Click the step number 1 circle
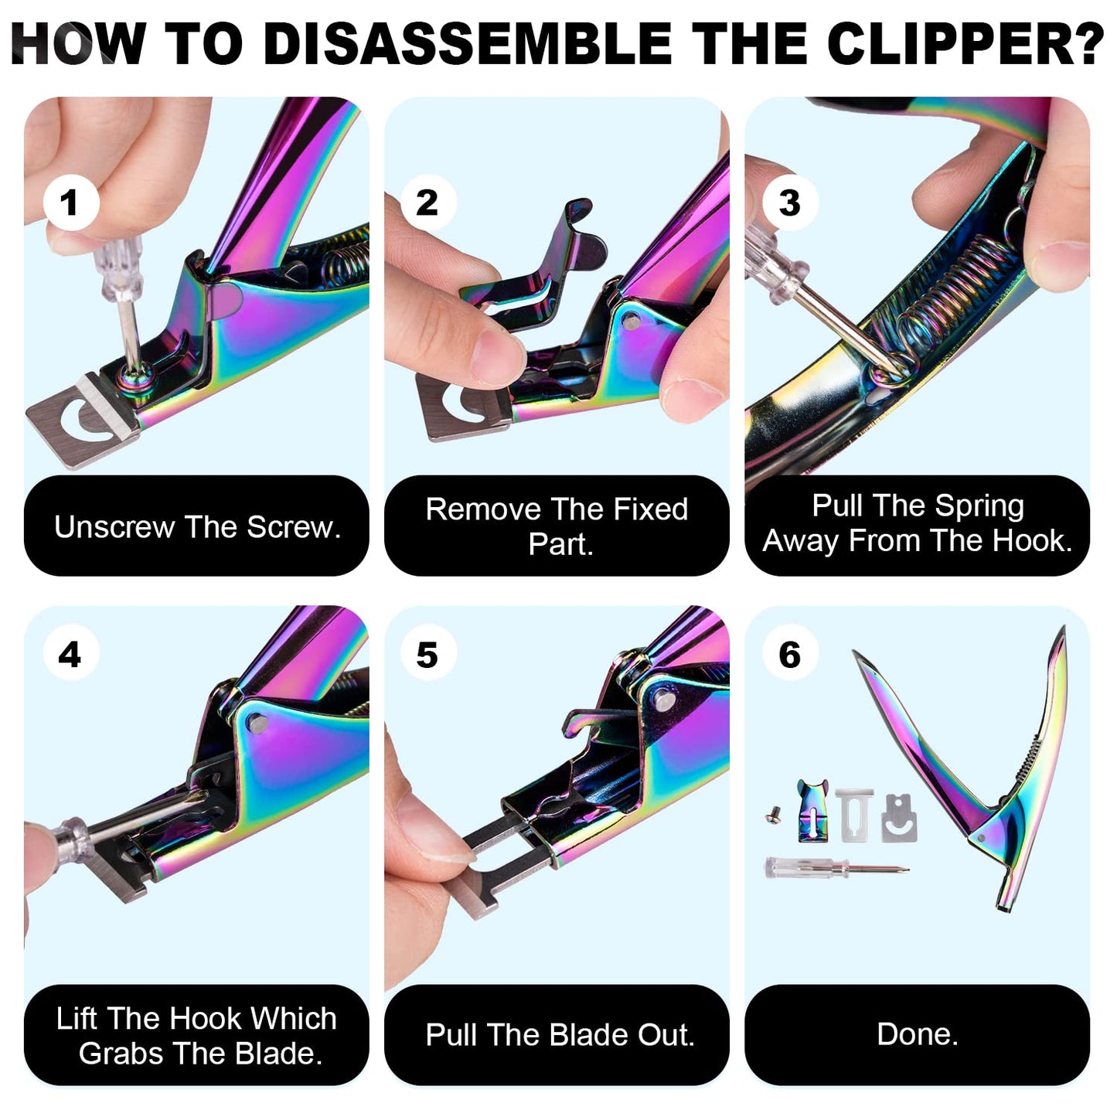70,203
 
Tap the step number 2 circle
427,203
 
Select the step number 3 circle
789,203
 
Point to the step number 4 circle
70,655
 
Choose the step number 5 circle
427,655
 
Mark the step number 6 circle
789,655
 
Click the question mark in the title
1088,44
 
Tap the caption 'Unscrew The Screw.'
197,526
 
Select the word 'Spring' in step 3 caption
979,506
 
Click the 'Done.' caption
917,1034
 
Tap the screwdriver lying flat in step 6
835,868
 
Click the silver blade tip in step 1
77,421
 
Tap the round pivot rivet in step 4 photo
257,724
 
